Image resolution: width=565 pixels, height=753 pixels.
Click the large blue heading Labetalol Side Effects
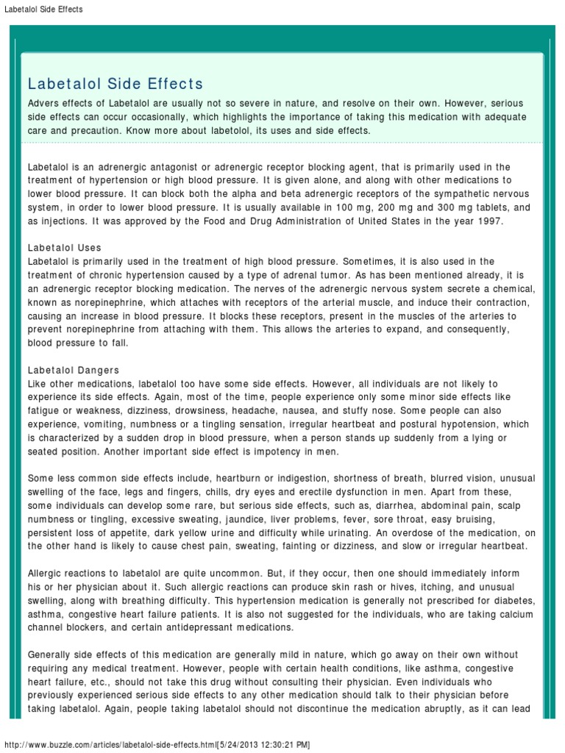[x=116, y=84]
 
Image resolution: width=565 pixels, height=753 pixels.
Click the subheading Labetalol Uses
[x=65, y=248]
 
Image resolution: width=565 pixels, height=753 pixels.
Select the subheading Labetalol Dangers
[x=74, y=370]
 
